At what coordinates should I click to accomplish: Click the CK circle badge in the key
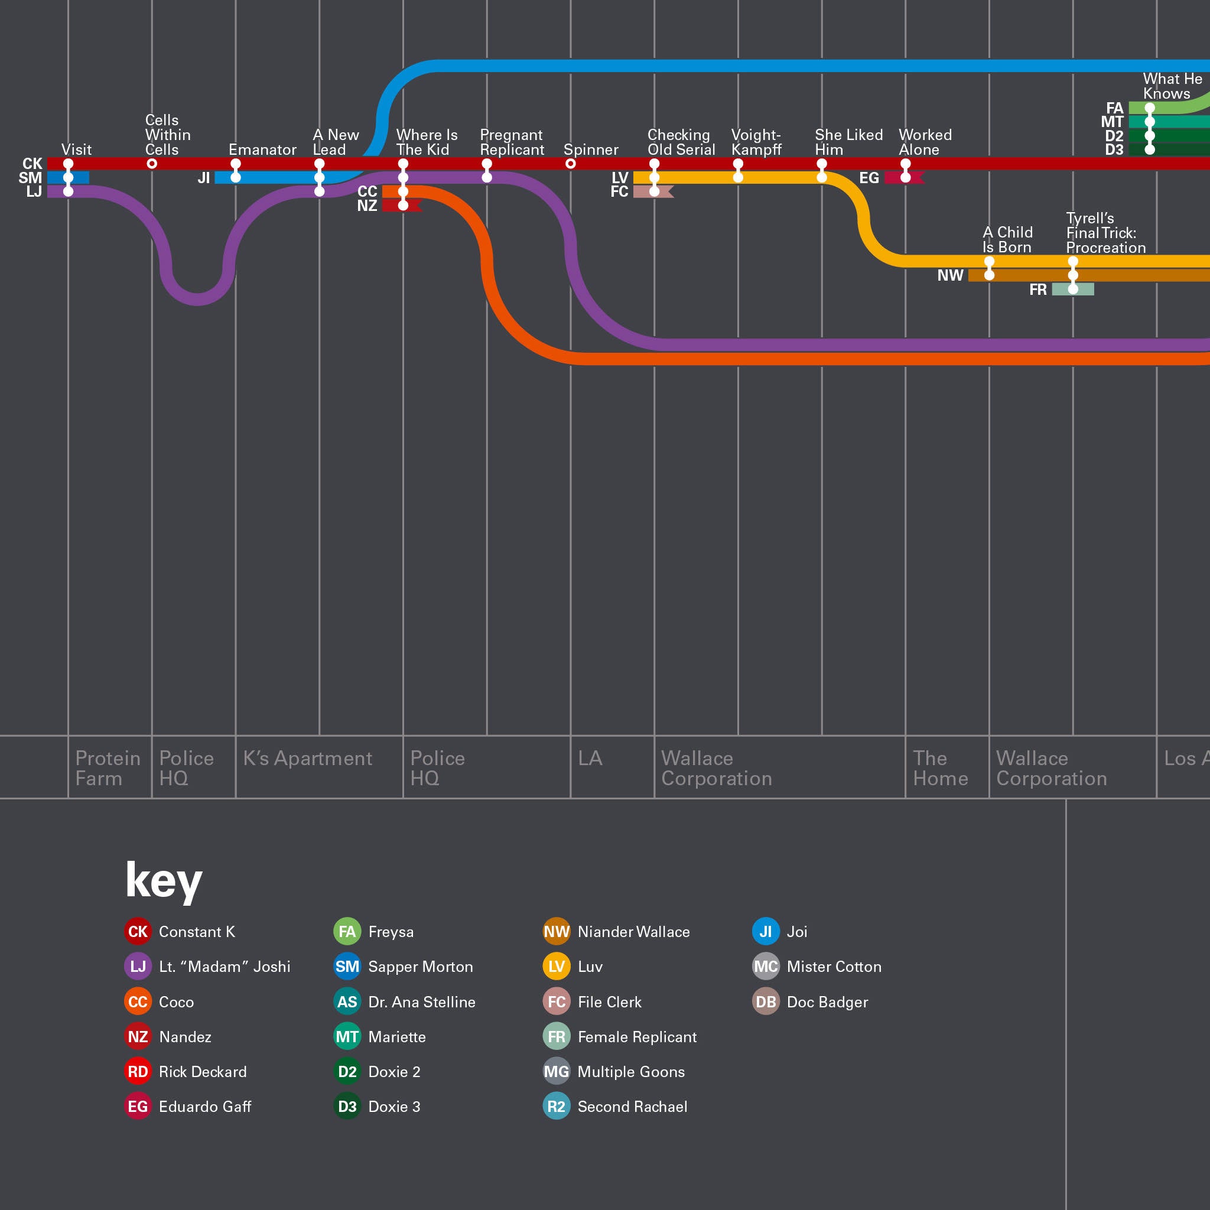(138, 932)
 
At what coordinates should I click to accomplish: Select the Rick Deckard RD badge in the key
(138, 1072)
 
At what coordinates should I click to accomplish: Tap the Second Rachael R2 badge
(556, 1107)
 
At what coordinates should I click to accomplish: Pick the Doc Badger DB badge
(765, 1002)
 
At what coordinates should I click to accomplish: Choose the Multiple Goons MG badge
(556, 1072)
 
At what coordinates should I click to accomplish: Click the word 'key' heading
(164, 880)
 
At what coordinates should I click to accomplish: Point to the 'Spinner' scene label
(591, 149)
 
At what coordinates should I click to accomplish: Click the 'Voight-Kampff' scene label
(756, 142)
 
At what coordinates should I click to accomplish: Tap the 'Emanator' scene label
(262, 149)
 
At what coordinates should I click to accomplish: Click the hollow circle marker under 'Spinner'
(571, 164)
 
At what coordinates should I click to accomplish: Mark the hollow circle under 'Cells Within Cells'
(152, 164)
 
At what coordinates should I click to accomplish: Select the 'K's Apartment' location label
(307, 759)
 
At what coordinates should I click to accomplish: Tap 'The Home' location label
(940, 768)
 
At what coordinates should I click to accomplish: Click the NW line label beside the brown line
(950, 275)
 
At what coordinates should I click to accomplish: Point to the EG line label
(869, 178)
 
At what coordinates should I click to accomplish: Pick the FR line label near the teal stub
(1037, 290)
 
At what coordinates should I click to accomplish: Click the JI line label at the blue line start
(204, 178)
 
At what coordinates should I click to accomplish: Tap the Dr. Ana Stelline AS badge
(347, 1002)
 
